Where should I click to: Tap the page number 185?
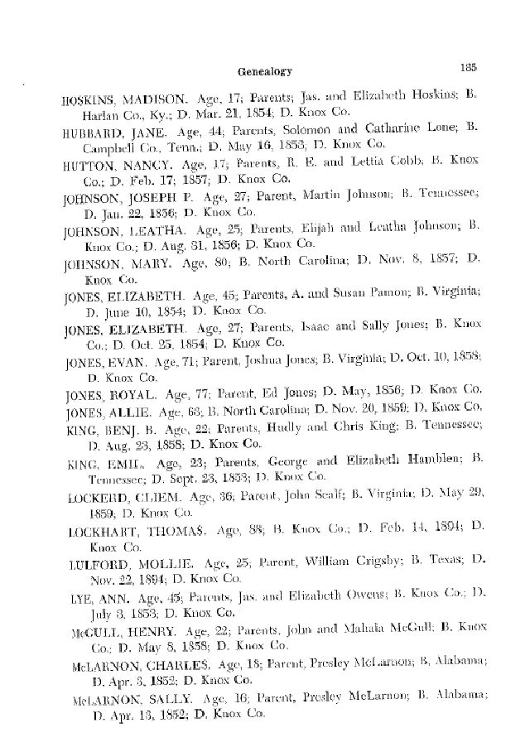pos(461,66)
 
